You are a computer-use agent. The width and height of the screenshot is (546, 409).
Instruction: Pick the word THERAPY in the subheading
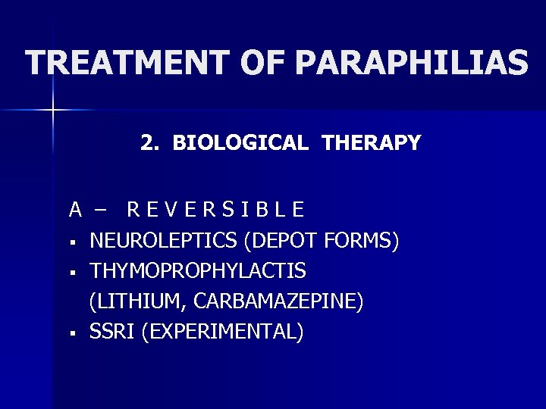tap(371, 142)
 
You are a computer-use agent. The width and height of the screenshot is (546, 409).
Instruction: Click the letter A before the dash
tap(76, 208)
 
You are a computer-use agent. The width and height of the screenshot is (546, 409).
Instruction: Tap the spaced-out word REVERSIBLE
tap(216, 208)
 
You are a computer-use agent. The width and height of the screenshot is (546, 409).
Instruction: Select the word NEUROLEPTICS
tap(165, 241)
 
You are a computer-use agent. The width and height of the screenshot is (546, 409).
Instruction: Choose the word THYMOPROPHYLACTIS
tap(198, 270)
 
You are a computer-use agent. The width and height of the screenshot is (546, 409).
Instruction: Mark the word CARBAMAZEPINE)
tap(279, 301)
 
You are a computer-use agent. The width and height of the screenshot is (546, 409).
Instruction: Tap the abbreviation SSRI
tap(111, 332)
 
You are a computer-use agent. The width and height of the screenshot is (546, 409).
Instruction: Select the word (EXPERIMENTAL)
tap(221, 332)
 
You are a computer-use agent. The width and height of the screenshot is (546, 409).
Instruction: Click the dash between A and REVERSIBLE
tap(102, 208)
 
